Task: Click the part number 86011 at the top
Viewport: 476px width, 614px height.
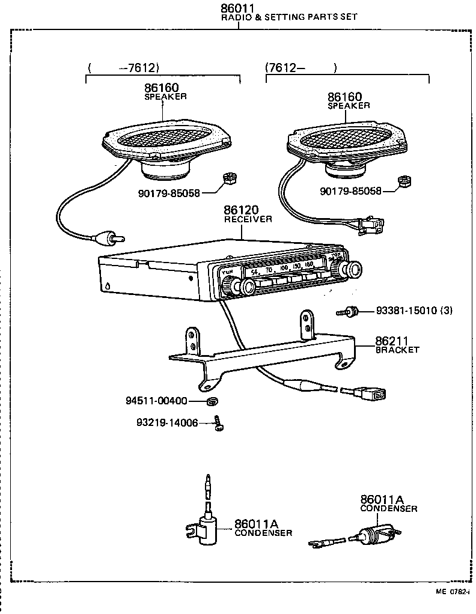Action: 238,8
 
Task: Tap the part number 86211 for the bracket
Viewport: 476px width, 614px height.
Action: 392,340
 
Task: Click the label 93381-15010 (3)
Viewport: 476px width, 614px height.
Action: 414,311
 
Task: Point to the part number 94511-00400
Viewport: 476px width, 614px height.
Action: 157,401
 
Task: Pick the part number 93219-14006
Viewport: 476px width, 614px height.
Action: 167,422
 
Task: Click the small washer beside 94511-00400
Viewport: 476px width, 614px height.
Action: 211,401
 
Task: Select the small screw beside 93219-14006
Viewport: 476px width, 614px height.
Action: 220,425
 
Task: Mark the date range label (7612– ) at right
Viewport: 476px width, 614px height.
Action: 301,68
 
